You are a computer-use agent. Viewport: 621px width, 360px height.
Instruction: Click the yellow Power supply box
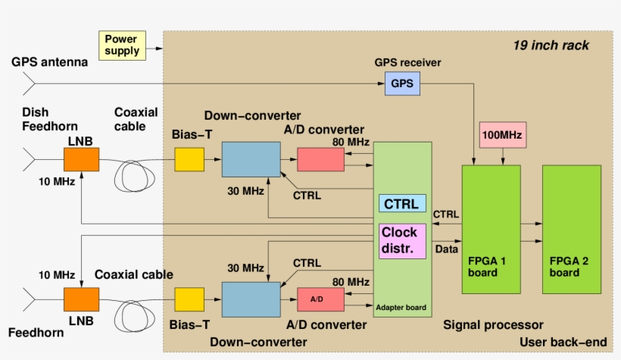click(x=122, y=45)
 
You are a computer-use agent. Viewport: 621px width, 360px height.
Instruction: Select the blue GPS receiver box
click(x=402, y=83)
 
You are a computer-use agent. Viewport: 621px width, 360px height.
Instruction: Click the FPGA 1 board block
click(x=491, y=229)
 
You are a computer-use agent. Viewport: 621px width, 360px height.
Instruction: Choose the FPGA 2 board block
click(x=571, y=229)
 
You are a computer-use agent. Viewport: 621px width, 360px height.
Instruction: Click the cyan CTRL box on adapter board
click(x=403, y=204)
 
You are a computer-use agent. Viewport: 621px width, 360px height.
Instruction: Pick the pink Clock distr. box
click(x=403, y=240)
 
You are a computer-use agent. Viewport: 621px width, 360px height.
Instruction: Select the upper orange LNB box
click(x=81, y=159)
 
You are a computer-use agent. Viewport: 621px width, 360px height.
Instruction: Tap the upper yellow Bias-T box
click(x=190, y=159)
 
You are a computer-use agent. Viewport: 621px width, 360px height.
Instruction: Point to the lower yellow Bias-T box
click(x=190, y=299)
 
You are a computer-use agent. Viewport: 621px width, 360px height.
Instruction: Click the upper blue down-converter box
click(x=251, y=160)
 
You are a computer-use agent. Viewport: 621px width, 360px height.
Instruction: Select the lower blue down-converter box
click(x=251, y=299)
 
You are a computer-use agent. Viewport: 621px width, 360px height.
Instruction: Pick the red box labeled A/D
click(x=320, y=299)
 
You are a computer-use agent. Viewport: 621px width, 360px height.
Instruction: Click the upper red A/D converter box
click(x=320, y=159)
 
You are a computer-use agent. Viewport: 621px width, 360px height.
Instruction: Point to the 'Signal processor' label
click(x=493, y=325)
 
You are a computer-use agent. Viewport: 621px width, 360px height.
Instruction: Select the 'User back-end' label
click(x=563, y=343)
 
